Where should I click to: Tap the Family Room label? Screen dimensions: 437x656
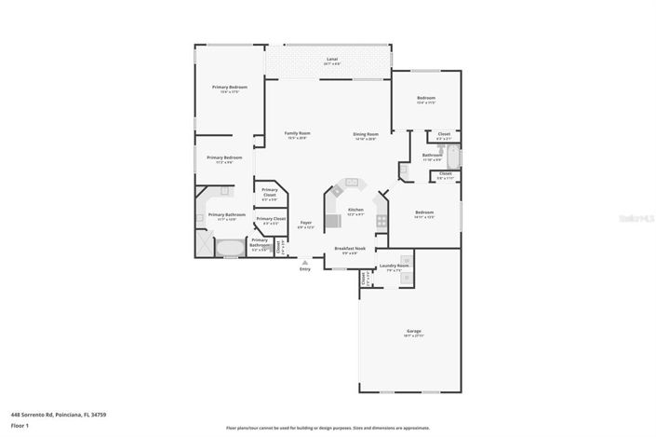pyautogui.click(x=297, y=134)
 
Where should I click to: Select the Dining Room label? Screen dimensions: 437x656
pyautogui.click(x=365, y=134)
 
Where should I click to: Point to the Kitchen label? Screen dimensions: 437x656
pyautogui.click(x=355, y=211)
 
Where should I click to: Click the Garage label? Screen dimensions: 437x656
pyautogui.click(x=413, y=332)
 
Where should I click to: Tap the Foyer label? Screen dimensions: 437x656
pyautogui.click(x=305, y=223)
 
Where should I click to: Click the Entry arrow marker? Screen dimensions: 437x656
pyautogui.click(x=304, y=264)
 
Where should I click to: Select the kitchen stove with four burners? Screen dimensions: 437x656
pyautogui.click(x=381, y=220)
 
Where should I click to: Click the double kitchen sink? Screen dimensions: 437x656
pyautogui.click(x=353, y=184)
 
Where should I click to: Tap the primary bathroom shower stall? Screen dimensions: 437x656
pyautogui.click(x=205, y=241)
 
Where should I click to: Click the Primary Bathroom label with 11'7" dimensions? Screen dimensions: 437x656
pyautogui.click(x=226, y=216)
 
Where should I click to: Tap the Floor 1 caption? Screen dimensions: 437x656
pyautogui.click(x=20, y=425)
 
